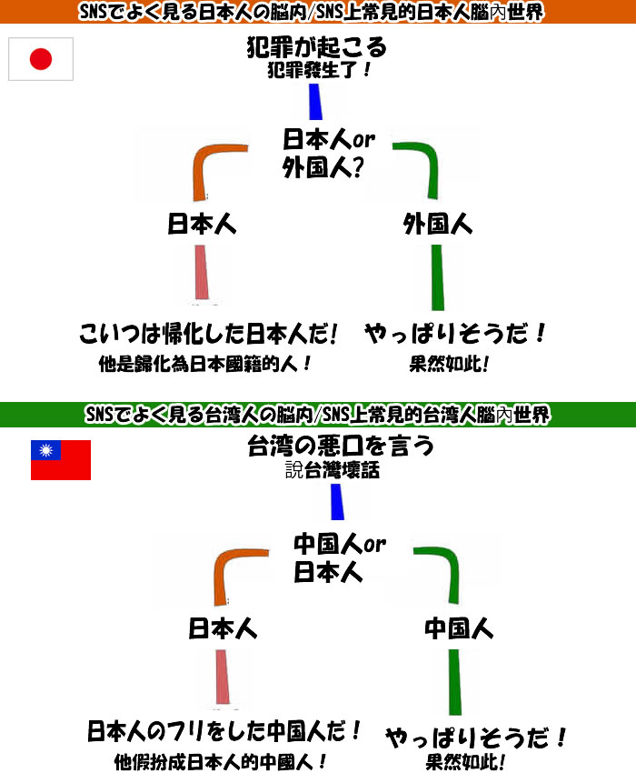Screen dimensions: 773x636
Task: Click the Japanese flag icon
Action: coord(41,60)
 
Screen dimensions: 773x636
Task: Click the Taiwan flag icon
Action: coord(61,460)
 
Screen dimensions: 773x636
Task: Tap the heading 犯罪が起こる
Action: coord(316,46)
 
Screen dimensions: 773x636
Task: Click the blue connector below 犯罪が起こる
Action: coord(314,102)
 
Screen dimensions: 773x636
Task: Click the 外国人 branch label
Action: coord(438,225)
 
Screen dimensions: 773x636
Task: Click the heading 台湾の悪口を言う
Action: coord(340,447)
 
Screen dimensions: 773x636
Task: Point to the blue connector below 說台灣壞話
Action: coord(336,502)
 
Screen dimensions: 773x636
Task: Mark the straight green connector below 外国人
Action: coord(437,277)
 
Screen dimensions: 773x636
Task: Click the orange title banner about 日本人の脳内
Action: coord(318,12)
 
